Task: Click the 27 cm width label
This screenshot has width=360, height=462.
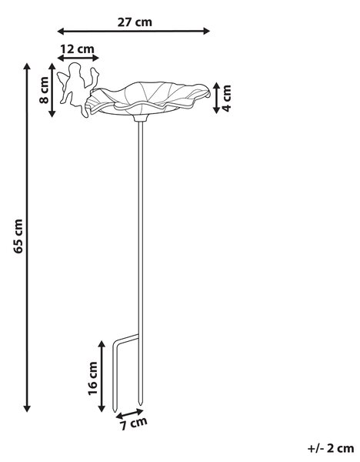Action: (x=135, y=22)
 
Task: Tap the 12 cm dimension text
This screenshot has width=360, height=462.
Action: (x=78, y=49)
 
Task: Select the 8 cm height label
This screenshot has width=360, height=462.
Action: (x=44, y=90)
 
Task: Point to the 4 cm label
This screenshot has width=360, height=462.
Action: (x=227, y=98)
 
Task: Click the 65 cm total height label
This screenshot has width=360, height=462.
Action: (x=18, y=236)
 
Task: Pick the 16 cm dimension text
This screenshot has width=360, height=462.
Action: (x=92, y=378)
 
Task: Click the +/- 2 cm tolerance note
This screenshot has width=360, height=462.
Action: (x=331, y=448)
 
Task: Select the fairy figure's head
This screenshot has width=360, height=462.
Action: (x=74, y=69)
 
